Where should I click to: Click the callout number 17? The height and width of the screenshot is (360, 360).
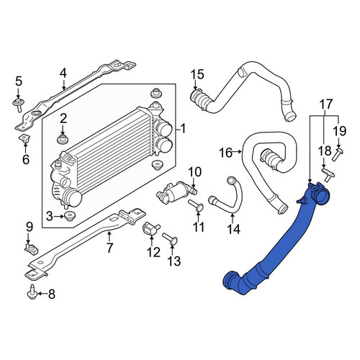[326, 104]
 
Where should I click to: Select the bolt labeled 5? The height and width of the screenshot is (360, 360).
[18, 104]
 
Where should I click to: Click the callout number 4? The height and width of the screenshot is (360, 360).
[63, 73]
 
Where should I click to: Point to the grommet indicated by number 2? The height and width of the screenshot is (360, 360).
[62, 139]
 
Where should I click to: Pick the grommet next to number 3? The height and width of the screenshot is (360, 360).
[70, 216]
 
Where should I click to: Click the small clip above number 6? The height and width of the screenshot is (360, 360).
[25, 138]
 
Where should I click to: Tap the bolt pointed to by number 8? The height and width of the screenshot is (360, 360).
[32, 292]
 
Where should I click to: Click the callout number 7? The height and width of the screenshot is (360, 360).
[109, 248]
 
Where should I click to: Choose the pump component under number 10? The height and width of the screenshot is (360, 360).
[176, 190]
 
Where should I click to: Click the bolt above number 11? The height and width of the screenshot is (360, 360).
[196, 206]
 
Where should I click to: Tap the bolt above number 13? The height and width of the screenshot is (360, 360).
[170, 239]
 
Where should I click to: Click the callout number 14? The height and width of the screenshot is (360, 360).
[233, 229]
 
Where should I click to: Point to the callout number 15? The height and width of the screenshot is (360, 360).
[198, 74]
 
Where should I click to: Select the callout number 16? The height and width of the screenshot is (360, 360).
[226, 153]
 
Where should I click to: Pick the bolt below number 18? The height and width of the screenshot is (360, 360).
[328, 175]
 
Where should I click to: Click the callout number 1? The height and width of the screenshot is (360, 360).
[183, 129]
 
